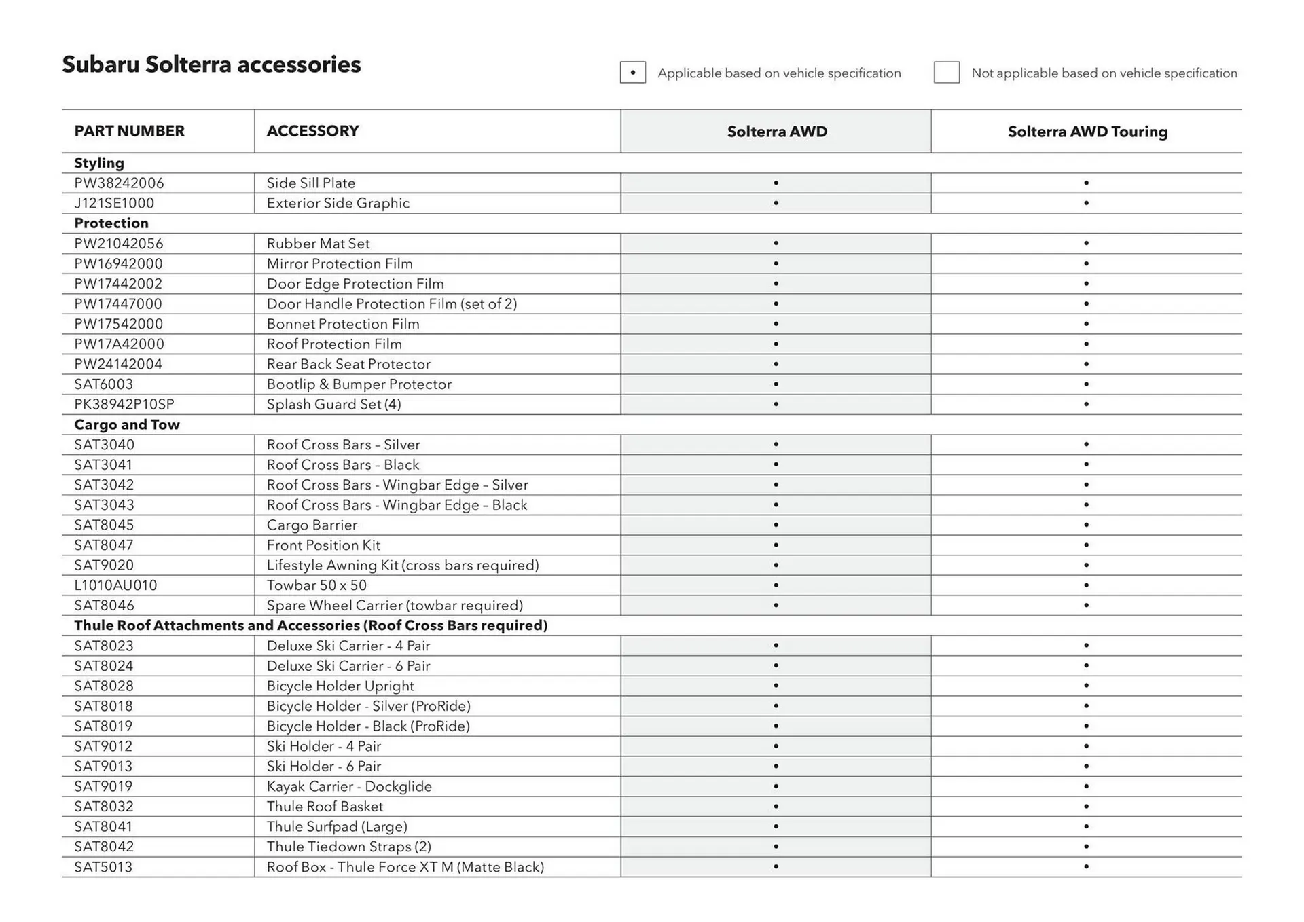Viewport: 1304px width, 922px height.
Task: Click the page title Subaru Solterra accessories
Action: click(x=211, y=64)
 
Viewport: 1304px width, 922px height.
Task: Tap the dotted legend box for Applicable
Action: click(x=632, y=73)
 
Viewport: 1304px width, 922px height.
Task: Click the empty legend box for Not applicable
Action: click(x=946, y=73)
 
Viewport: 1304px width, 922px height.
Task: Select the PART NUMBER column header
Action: click(x=129, y=131)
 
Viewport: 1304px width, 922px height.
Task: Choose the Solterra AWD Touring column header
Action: click(x=1087, y=132)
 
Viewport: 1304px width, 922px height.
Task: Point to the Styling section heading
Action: click(x=99, y=163)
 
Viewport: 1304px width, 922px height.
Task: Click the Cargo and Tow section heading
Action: click(x=127, y=424)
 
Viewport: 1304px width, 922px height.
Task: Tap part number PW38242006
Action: click(x=119, y=183)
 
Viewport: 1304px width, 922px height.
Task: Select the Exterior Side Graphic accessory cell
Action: click(x=338, y=203)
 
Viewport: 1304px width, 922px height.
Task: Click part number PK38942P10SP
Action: click(x=124, y=405)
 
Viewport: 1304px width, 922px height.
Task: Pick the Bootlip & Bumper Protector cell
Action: click(x=359, y=384)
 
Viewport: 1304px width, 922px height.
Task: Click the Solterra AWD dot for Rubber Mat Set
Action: click(x=776, y=243)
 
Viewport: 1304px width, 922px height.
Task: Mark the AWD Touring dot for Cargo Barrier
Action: click(x=1086, y=525)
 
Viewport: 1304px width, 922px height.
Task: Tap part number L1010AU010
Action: click(x=115, y=585)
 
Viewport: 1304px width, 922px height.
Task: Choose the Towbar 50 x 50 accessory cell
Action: click(x=316, y=585)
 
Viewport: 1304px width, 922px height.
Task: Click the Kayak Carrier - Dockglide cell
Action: click(x=349, y=786)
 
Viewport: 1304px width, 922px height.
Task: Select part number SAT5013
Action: click(x=103, y=867)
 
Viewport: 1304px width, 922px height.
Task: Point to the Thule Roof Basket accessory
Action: click(x=325, y=807)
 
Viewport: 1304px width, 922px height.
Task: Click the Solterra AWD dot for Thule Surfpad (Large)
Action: click(x=776, y=826)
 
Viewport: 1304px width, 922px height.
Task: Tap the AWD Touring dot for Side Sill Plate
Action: click(x=1086, y=183)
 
